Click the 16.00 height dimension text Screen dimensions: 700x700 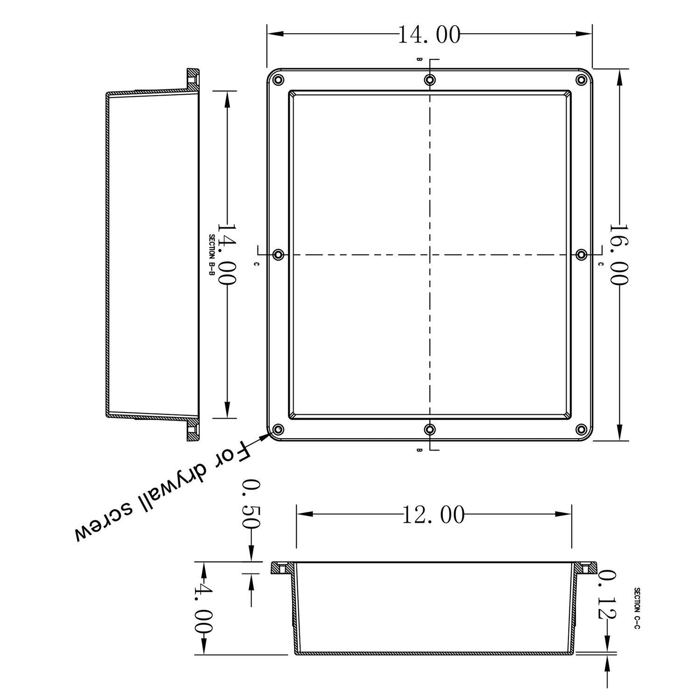point(619,254)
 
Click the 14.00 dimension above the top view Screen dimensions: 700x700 point(429,34)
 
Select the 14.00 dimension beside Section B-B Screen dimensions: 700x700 point(227,254)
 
